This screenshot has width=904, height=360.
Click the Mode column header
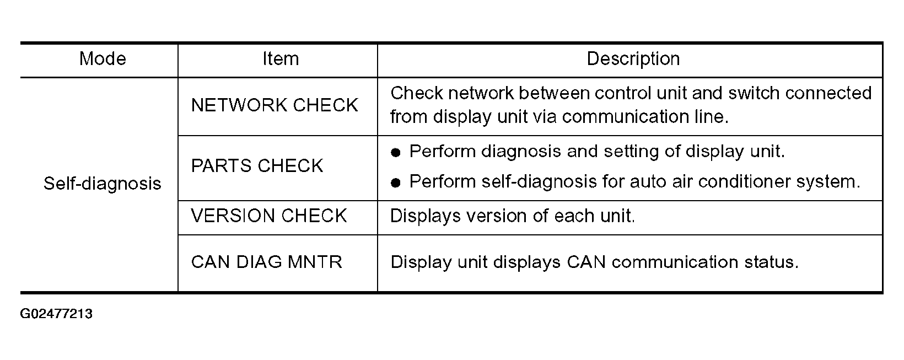(103, 59)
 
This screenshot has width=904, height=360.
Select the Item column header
(281, 59)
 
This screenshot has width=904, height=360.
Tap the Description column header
(633, 59)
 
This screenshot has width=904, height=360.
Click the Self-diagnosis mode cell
(102, 184)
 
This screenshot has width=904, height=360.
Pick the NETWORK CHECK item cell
(275, 105)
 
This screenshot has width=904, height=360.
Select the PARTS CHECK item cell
(257, 166)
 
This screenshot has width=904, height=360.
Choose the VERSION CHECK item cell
(269, 216)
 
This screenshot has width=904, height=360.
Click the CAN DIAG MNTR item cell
(266, 262)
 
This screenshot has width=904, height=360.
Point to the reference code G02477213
(56, 314)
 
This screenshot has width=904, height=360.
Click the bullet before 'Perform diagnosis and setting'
(396, 153)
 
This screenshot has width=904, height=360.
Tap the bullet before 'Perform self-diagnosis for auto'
(396, 183)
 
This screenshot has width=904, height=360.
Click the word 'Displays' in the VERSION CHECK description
(426, 216)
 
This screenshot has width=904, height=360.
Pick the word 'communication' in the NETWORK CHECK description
(625, 117)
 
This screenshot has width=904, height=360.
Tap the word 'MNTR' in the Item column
(315, 262)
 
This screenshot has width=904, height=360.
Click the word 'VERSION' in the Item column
(233, 216)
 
